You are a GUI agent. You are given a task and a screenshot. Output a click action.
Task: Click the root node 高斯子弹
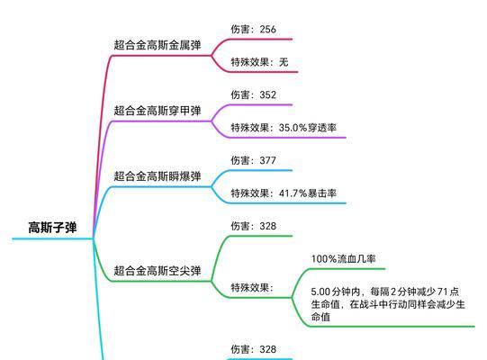[52, 228]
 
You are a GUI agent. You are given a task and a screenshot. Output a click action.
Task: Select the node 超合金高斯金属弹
[158, 45]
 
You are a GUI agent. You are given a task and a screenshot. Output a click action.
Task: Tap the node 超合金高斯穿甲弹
[158, 111]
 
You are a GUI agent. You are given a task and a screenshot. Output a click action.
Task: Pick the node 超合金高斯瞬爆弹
[158, 176]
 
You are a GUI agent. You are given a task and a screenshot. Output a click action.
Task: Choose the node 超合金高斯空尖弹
[158, 271]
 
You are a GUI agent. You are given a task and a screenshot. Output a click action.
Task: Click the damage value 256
[268, 29]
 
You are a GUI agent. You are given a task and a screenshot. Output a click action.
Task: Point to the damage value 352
[268, 94]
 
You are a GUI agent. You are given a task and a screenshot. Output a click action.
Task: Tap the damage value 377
[268, 160]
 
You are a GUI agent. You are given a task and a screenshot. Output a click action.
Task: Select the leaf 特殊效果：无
[259, 62]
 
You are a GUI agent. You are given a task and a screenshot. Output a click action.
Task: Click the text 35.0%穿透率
[308, 128]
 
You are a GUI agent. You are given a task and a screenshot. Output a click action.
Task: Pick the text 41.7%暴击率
[308, 193]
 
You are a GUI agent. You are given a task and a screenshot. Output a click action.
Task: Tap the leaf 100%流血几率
[344, 258]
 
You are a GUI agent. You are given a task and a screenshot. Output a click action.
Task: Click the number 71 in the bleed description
[443, 292]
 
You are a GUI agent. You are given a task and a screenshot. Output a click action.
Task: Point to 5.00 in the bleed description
[321, 292]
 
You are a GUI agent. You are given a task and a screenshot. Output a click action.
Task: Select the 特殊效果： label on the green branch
[252, 288]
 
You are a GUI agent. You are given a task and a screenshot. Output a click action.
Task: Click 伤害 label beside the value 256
[240, 29]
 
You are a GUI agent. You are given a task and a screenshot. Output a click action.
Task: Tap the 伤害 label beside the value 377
[240, 160]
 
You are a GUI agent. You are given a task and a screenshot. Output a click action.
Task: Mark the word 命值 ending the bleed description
[320, 317]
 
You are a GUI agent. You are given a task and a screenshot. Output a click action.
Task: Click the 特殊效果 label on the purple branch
[249, 128]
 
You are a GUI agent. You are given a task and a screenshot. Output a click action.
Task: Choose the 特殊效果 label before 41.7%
[249, 193]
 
